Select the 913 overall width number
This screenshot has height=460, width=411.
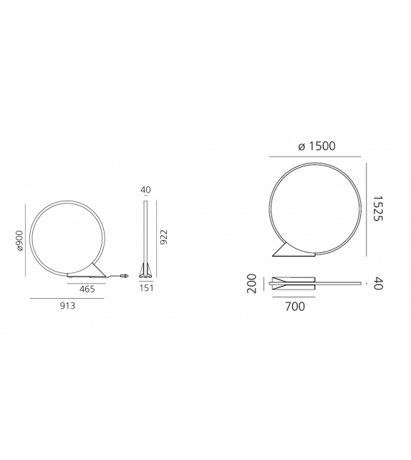(x=67, y=305)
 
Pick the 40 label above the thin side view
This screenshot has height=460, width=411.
(x=145, y=190)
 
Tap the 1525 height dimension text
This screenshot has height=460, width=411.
(x=379, y=209)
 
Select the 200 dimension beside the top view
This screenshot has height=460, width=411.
(x=252, y=282)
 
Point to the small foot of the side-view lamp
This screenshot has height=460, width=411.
(x=145, y=269)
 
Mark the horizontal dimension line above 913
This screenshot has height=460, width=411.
(x=68, y=297)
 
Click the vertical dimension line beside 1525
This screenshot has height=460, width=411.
(x=367, y=209)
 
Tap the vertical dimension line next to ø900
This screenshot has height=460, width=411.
(x=26, y=241)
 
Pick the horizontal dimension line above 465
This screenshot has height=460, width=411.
(x=87, y=280)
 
